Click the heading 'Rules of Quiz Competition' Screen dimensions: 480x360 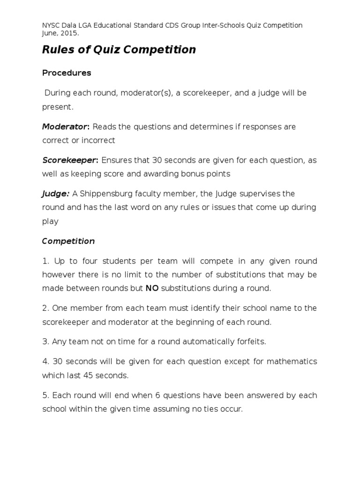point(119,50)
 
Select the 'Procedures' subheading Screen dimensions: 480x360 point(67,73)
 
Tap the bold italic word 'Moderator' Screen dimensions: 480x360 point(65,127)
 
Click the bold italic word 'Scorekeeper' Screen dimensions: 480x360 point(69,160)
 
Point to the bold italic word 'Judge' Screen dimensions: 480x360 point(55,194)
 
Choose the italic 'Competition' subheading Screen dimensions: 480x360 point(68,241)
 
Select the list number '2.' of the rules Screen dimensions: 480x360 point(45,308)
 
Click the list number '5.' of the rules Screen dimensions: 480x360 point(45,395)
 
